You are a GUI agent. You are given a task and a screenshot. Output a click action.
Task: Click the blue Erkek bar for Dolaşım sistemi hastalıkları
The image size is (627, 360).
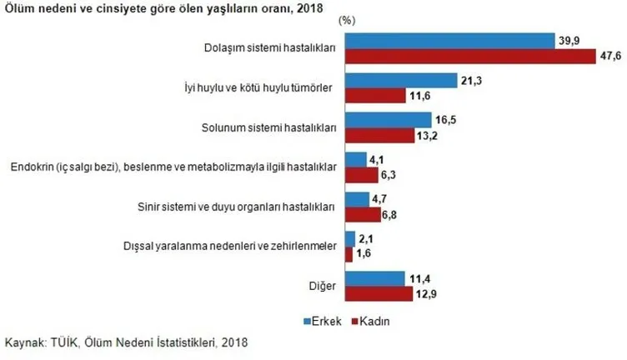click(x=449, y=41)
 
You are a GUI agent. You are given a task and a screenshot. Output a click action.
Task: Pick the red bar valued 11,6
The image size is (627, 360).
click(x=375, y=97)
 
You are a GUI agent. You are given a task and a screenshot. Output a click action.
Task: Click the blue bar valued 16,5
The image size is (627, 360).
click(x=388, y=121)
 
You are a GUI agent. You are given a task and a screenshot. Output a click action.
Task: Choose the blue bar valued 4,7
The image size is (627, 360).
click(x=356, y=200)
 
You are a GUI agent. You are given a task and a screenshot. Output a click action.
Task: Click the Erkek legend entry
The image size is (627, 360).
click(x=322, y=320)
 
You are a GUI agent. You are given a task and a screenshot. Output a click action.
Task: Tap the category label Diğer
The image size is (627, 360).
click(x=324, y=287)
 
